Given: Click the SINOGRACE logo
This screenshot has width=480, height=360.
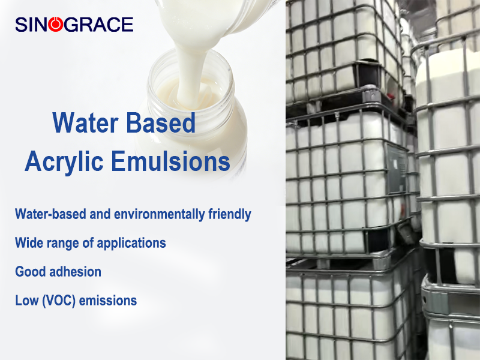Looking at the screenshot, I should (x=74, y=25).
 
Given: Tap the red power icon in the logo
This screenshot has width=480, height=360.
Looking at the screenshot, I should (x=56, y=25).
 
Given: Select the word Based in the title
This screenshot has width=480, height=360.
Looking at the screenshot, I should (x=161, y=123).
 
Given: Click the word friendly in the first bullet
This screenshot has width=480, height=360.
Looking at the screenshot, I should (x=228, y=214).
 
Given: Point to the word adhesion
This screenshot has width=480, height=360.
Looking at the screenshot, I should (x=75, y=271).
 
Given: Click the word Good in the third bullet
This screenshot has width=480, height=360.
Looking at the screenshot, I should (x=30, y=271).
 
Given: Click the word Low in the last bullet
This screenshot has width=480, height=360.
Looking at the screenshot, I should (x=25, y=300).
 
